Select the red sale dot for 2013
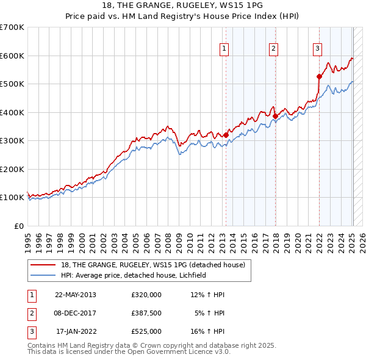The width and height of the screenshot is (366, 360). click(226, 135)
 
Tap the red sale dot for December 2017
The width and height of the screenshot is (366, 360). click(275, 116)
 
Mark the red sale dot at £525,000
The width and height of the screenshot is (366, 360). click(319, 77)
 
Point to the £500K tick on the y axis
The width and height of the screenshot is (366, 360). click(12, 84)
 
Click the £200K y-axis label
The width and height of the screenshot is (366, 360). click(12, 169)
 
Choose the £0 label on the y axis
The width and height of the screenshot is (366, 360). click(20, 226)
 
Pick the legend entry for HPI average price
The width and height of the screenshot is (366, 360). click(134, 275)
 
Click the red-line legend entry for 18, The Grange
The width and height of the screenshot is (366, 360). click(152, 265)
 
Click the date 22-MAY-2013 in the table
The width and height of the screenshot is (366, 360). click(76, 295)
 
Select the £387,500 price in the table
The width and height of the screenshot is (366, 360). click(146, 313)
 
